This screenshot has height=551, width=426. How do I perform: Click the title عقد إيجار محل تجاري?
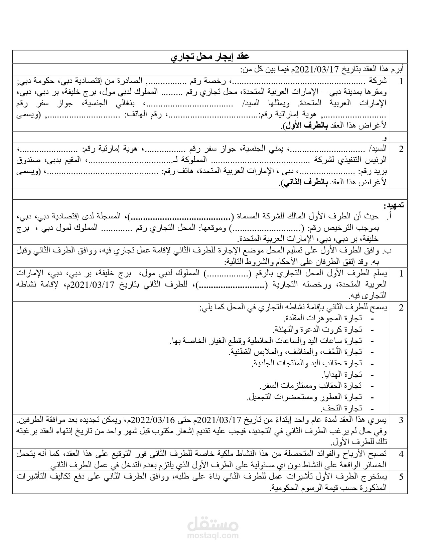[x=210, y=57]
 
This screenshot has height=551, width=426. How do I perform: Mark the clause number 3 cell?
[x=401, y=420]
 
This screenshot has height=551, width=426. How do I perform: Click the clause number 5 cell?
[x=401, y=477]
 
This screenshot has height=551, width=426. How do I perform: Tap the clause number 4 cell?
[x=401, y=454]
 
